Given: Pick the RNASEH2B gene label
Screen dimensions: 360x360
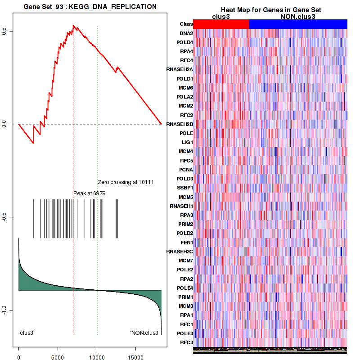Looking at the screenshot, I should click(x=180, y=124).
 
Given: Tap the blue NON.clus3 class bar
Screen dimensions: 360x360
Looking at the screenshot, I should click(x=297, y=24).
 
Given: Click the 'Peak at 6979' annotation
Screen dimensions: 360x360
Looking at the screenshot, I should click(x=90, y=193).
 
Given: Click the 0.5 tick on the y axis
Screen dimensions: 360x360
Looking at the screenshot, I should click(x=5, y=31).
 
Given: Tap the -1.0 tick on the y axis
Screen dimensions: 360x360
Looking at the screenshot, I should click(x=5, y=310).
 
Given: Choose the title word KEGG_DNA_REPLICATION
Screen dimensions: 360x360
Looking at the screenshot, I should click(x=113, y=7).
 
